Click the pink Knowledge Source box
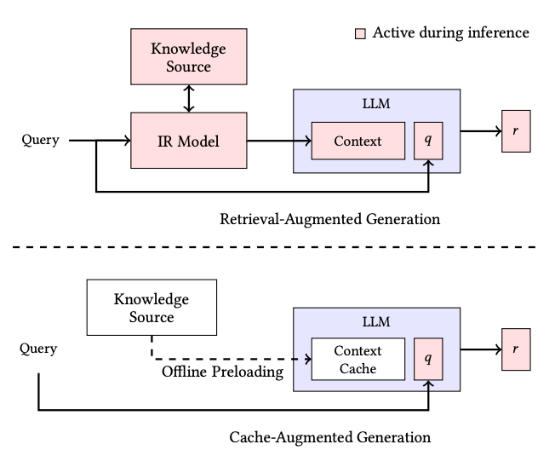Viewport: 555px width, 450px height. coord(189,56)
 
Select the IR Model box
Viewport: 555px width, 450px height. coord(189,140)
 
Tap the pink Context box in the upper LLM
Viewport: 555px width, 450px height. coord(358,140)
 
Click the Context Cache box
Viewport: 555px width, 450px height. coord(358,360)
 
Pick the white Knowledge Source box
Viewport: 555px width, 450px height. coord(151,309)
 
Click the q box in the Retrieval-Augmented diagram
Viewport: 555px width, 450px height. coord(428,140)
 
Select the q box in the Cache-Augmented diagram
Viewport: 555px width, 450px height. coord(428,360)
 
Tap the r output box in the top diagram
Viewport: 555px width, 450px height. coord(516,132)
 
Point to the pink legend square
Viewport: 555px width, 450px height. coord(360,33)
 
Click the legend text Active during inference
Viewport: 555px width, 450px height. coord(450,33)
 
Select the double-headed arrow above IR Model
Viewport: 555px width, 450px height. coord(189,98)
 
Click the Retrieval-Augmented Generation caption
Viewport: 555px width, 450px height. coord(330,219)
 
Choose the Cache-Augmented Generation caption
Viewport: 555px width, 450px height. coord(330,437)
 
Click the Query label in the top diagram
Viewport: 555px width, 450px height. coord(40,140)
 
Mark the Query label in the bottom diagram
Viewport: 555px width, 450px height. coord(40,348)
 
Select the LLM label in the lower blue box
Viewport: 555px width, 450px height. coord(376,323)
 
